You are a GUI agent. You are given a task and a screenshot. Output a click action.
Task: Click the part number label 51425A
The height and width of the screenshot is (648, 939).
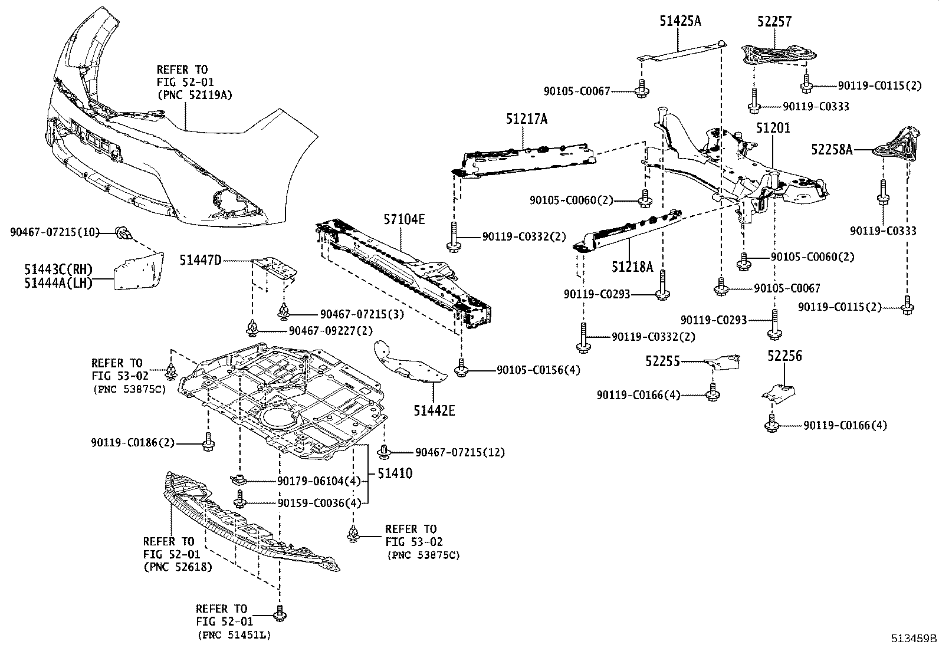coord(680,22)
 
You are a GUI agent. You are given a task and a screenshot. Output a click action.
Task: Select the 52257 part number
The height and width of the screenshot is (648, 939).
coord(774,22)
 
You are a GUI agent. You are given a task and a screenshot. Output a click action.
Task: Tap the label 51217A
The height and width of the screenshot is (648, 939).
coord(526,119)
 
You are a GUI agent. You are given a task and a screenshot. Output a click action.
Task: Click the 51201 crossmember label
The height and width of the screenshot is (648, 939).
coord(773,128)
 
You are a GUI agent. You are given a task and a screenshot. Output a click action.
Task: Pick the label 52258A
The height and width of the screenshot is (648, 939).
coord(832,150)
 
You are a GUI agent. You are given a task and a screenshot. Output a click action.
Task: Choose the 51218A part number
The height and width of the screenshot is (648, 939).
coord(632,267)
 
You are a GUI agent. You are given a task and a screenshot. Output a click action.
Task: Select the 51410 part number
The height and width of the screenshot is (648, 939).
coord(395,473)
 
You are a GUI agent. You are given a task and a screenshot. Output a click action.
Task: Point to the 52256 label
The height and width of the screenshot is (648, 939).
coord(784,356)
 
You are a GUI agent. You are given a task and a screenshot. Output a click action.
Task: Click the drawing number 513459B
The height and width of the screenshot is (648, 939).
coord(914,638)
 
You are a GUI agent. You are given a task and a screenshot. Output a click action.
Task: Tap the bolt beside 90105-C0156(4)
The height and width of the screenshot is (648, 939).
coord(461,370)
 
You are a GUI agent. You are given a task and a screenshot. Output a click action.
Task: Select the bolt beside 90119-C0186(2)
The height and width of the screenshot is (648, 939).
coord(209,442)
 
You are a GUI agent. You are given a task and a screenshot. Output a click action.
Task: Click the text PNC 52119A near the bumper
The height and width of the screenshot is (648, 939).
coord(191,94)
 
